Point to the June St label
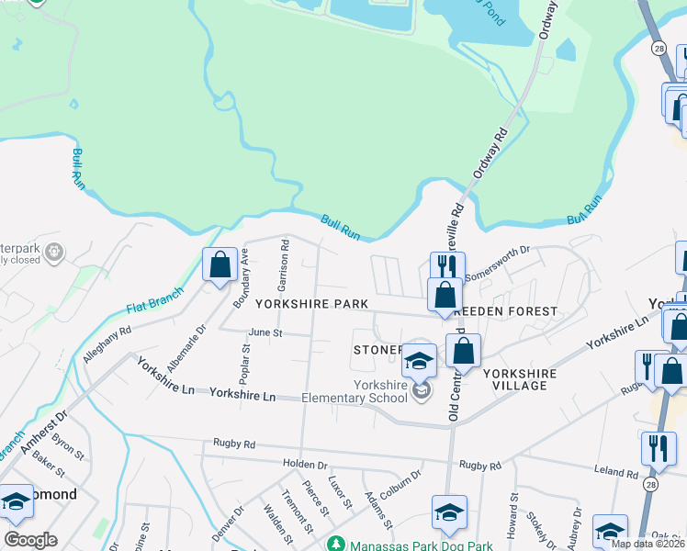tap(265, 332)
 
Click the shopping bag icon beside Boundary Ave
tap(220, 266)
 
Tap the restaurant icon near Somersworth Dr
tap(447, 267)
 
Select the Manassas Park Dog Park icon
tap(335, 544)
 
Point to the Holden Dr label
tap(306, 465)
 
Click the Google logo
tap(30, 540)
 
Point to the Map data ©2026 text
tap(648, 544)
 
